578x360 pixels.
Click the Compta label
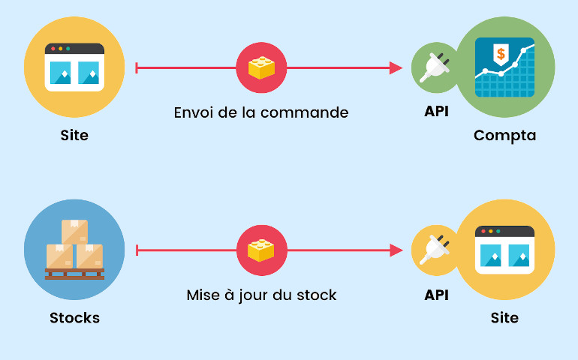pos(504,136)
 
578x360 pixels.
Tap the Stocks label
pos(74,317)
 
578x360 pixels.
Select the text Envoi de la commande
pos(261,112)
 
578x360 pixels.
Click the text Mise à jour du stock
pos(261,295)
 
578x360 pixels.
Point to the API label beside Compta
pos(436,112)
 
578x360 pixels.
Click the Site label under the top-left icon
pos(74,136)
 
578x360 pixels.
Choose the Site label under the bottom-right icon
pos(504,317)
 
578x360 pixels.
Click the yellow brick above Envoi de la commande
pos(261,68)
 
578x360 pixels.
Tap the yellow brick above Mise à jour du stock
pos(261,250)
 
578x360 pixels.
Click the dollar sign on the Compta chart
pos(501,54)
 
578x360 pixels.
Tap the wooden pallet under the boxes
pos(74,274)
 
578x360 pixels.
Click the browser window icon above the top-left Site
pos(74,67)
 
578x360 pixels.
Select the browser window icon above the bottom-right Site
pos(504,249)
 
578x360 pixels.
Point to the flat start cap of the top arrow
pos(136,68)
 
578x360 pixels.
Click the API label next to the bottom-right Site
pos(436,295)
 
